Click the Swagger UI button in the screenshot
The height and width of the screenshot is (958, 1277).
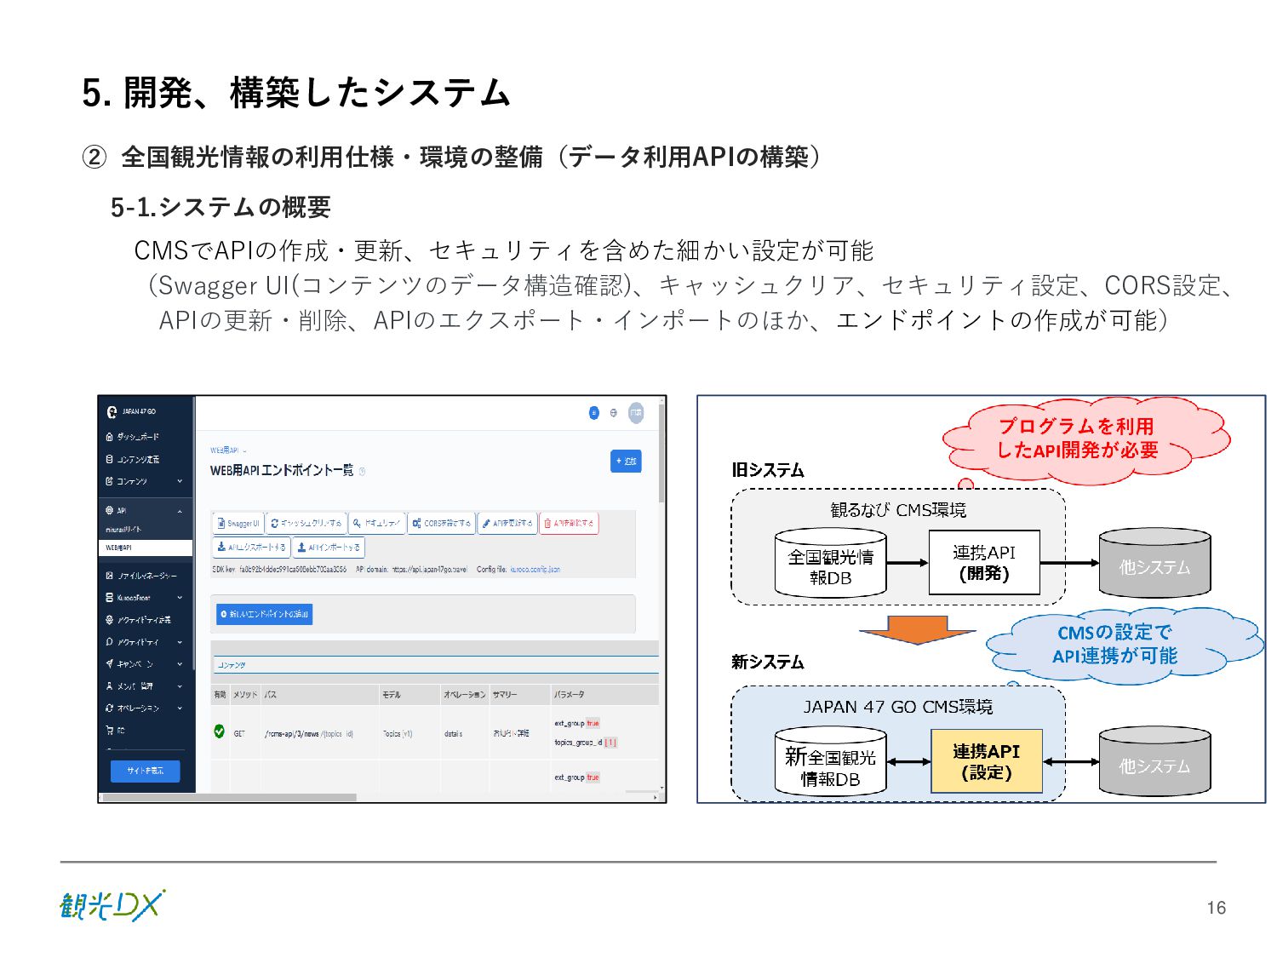tap(238, 524)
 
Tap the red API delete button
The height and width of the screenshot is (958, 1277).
tap(570, 524)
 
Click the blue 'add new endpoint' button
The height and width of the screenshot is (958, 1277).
tap(265, 614)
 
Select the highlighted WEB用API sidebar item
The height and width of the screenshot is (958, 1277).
tap(146, 548)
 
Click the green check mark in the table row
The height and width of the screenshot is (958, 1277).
tap(220, 731)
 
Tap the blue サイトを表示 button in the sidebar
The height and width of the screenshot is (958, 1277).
tap(146, 771)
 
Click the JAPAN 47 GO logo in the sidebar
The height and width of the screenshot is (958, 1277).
tap(131, 412)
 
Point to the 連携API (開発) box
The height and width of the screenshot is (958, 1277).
tap(983, 563)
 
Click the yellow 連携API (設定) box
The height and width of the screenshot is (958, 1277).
tap(986, 761)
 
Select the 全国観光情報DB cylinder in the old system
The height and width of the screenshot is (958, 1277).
tap(830, 564)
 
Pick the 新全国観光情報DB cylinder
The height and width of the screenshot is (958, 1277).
tap(830, 762)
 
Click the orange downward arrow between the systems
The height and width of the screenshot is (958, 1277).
tap(917, 629)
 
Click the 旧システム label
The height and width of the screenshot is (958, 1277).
tap(767, 470)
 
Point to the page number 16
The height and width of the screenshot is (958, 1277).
tap(1216, 908)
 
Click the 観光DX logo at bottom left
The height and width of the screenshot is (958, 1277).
tap(112, 905)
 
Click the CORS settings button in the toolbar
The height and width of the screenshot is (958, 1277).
tap(442, 524)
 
